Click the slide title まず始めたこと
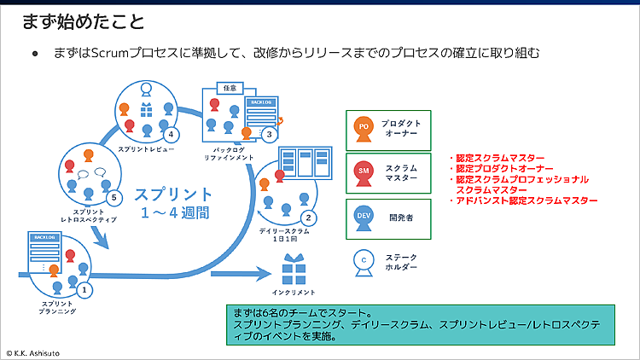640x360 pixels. [x=83, y=20]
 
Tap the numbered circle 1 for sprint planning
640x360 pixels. [x=84, y=289]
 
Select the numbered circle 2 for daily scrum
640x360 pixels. [x=310, y=217]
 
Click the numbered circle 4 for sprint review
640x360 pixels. [x=172, y=134]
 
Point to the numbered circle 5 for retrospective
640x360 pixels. [x=116, y=196]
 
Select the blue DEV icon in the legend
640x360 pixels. [x=364, y=218]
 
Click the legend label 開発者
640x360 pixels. [x=399, y=218]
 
